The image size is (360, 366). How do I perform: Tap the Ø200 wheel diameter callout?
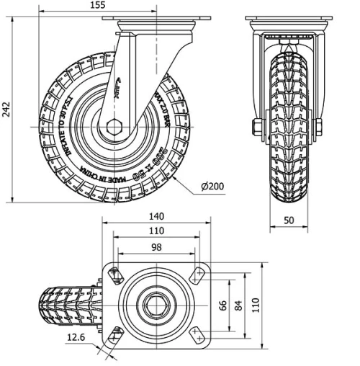(213, 186)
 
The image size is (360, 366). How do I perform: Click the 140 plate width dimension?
(157, 216)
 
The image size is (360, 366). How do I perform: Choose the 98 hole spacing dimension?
(157, 247)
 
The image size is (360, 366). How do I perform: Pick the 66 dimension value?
(222, 305)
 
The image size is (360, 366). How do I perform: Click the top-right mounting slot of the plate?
(198, 273)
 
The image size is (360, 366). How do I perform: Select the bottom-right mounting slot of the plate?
(198, 334)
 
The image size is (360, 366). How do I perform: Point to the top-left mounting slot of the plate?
(114, 273)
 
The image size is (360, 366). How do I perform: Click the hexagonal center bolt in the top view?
(156, 303)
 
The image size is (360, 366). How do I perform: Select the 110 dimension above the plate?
(157, 231)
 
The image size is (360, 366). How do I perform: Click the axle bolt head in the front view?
(256, 128)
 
